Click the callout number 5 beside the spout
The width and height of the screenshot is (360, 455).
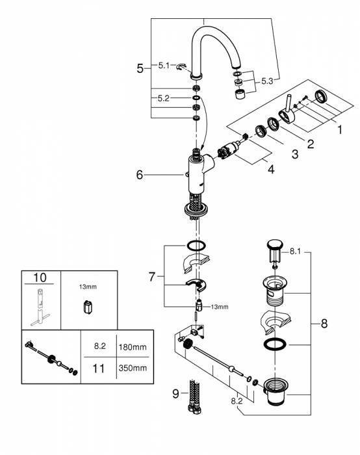(x=140, y=68)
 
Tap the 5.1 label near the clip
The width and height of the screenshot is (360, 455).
(x=164, y=66)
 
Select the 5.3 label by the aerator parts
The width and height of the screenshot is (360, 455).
(x=267, y=81)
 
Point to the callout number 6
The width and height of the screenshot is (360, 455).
(x=140, y=175)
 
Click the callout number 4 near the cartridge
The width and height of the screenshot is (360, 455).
(x=271, y=169)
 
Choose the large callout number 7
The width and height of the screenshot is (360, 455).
(x=152, y=276)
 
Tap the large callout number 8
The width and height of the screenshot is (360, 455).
(x=324, y=323)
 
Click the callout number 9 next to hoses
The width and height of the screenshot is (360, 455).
(x=175, y=394)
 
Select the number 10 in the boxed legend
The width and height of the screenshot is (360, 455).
(x=40, y=278)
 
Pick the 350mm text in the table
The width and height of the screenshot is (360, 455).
(x=133, y=368)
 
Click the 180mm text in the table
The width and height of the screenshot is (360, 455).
(x=133, y=346)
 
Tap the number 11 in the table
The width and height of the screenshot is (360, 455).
(x=98, y=369)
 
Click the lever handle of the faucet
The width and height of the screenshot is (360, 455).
(x=287, y=112)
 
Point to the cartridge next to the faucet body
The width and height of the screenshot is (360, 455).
(x=230, y=149)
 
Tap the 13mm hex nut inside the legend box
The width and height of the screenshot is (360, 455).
(x=88, y=307)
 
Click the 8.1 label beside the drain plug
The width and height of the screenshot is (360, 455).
(x=295, y=252)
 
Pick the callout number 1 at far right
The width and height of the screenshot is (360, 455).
(x=340, y=130)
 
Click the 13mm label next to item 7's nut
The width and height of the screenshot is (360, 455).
(x=220, y=307)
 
